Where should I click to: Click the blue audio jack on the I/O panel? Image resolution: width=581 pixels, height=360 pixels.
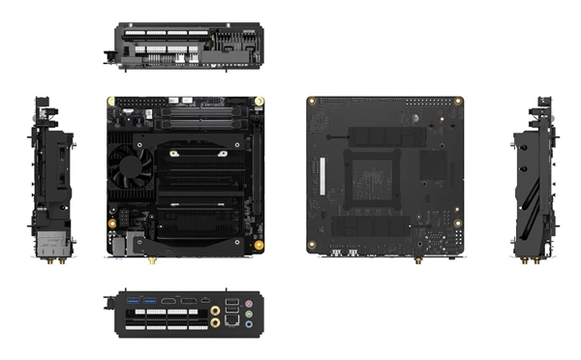[x=250, y=325]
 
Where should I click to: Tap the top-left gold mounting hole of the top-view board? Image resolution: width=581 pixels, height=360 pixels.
[x=112, y=101]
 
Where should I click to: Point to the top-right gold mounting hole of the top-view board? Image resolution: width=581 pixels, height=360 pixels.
[x=261, y=101]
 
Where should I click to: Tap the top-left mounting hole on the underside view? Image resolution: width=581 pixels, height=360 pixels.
[x=313, y=101]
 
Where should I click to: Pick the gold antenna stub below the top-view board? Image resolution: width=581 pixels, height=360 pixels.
[x=151, y=259]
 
